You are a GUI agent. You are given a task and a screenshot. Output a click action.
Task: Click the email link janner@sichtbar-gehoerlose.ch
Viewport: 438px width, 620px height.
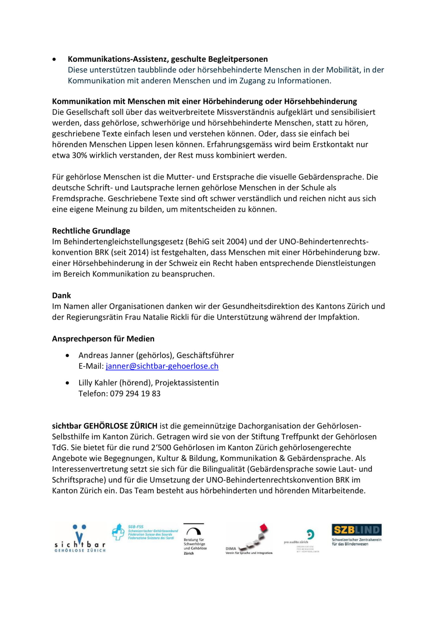(162, 366)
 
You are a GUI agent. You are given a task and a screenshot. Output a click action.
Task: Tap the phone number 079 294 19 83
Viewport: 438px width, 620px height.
(135, 394)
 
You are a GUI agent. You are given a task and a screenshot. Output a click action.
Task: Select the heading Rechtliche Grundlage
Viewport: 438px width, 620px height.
(91, 231)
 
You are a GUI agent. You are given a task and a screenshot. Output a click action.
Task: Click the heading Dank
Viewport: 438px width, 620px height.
(61, 295)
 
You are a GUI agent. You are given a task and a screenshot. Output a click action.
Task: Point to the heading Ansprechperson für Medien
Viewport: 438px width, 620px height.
(103, 339)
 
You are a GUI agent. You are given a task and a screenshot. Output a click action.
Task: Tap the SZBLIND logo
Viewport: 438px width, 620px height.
(357, 534)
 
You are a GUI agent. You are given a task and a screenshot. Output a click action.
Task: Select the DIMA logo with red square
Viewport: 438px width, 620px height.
(249, 540)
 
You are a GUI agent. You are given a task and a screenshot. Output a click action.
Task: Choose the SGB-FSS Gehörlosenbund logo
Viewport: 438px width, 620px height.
(145, 532)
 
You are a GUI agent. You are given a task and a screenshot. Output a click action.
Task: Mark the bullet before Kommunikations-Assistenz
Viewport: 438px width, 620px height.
(55, 59)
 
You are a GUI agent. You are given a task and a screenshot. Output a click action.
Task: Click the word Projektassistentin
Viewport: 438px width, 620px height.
(187, 383)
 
